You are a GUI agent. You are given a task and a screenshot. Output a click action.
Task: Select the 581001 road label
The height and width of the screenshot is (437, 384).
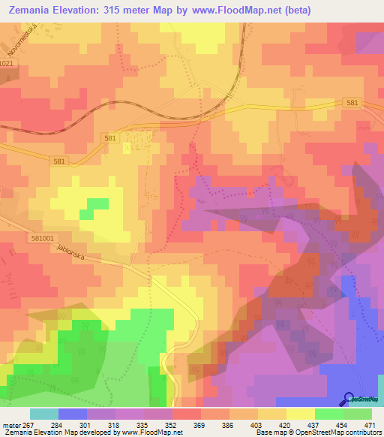(17, 237)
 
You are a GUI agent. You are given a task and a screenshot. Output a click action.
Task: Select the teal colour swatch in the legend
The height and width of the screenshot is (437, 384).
(44, 414)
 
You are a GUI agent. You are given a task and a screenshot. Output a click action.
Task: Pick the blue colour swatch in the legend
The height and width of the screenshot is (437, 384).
(73, 414)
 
